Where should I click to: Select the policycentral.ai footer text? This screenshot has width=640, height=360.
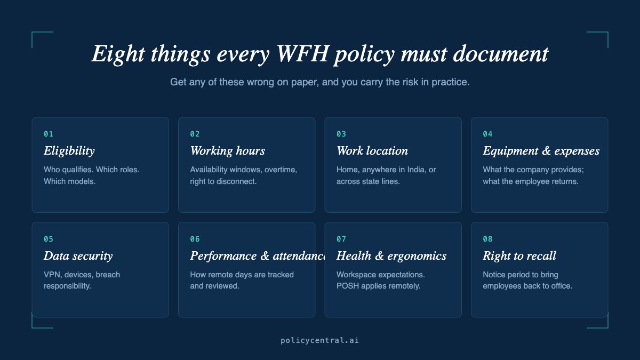click(x=320, y=340)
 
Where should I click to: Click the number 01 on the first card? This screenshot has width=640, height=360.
click(x=49, y=134)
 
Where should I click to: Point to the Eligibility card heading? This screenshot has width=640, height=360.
click(x=69, y=151)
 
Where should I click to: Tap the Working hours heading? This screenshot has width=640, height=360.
click(x=228, y=151)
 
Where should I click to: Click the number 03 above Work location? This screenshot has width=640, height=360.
click(x=341, y=134)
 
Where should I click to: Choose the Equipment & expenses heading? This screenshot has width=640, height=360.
click(x=541, y=151)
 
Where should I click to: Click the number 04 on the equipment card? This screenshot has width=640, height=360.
click(x=487, y=134)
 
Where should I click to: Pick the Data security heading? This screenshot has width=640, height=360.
click(x=78, y=256)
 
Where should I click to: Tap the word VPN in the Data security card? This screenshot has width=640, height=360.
click(x=52, y=275)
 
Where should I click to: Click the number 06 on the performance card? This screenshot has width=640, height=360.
click(x=195, y=239)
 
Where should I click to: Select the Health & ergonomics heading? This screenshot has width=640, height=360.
click(x=391, y=256)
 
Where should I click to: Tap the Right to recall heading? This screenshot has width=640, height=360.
click(x=519, y=256)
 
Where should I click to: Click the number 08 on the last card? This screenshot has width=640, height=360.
click(x=487, y=239)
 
